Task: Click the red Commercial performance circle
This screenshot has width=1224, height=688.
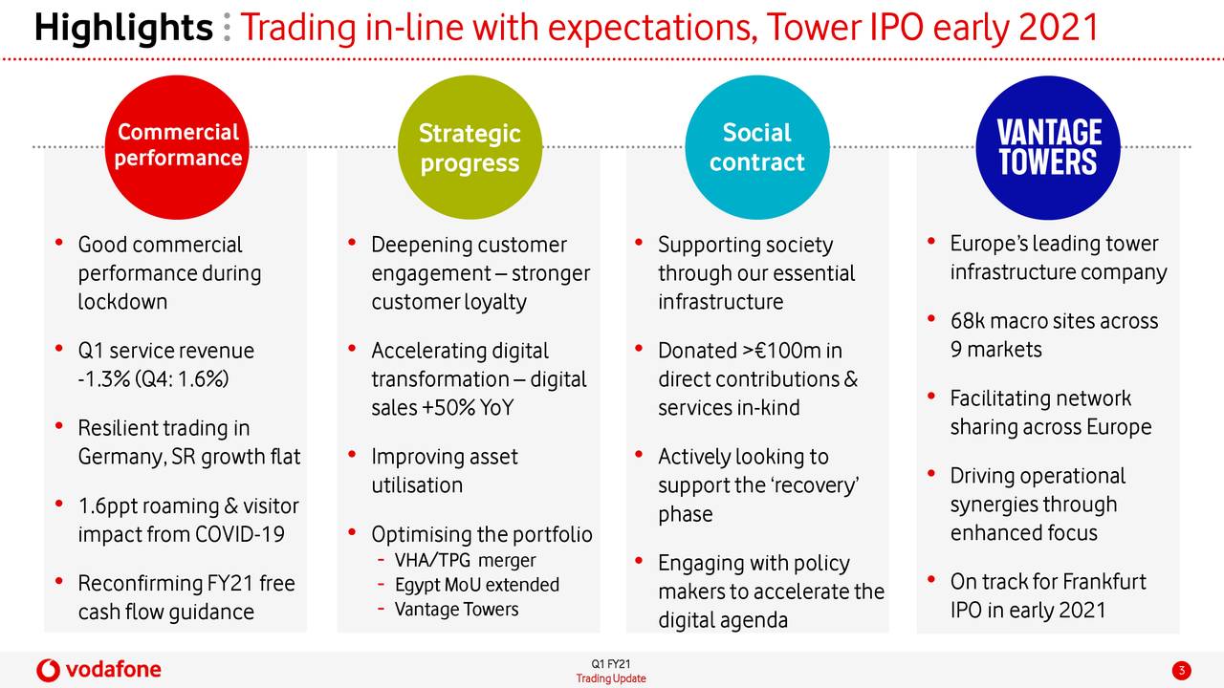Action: [177, 147]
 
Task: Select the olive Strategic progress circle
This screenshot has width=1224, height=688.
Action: [470, 147]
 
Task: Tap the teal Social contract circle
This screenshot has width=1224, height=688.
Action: [757, 147]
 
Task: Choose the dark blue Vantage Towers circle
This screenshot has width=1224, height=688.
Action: [1048, 147]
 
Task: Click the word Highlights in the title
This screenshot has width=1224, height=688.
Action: [123, 29]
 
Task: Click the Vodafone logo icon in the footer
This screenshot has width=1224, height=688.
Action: [48, 670]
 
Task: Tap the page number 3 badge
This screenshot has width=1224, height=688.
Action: [1181, 670]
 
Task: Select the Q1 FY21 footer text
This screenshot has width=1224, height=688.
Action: [611, 664]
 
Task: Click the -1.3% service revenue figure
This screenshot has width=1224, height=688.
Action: [104, 379]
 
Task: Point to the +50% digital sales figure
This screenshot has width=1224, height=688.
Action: [448, 408]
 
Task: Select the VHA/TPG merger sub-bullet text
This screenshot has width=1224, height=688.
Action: [465, 560]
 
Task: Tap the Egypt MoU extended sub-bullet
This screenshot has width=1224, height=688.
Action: [477, 585]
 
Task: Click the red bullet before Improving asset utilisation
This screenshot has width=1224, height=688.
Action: [353, 454]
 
